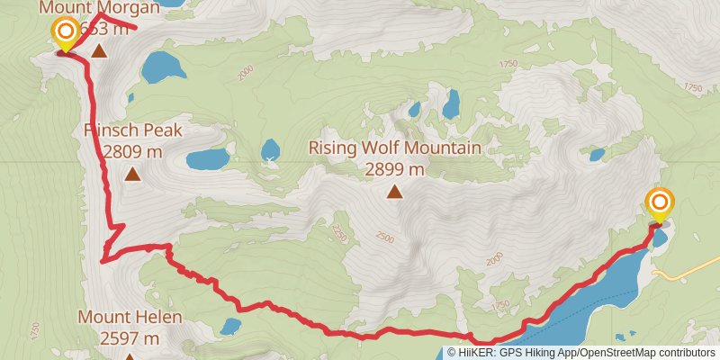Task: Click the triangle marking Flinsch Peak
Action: [x=132, y=174]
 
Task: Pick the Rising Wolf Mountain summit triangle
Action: [x=394, y=191]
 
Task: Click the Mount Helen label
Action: [x=130, y=317]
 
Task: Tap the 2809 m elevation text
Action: [x=133, y=152]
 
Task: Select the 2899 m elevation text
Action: [x=395, y=168]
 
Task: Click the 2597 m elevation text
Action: [x=130, y=338]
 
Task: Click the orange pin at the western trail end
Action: [x=66, y=33]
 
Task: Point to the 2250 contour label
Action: [x=339, y=233]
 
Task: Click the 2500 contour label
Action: [x=384, y=238]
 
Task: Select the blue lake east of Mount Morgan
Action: [x=163, y=67]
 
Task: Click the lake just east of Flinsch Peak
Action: [x=208, y=160]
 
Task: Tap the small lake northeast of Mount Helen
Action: [x=230, y=325]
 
